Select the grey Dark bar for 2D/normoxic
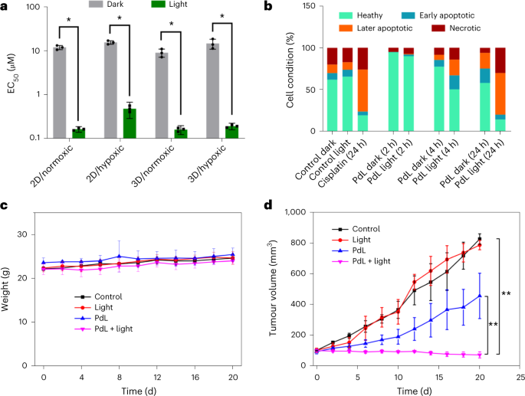click(x=59, y=93)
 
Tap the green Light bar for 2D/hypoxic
click(x=131, y=123)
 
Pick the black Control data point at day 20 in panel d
click(x=480, y=239)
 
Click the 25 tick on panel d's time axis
click(x=520, y=377)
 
